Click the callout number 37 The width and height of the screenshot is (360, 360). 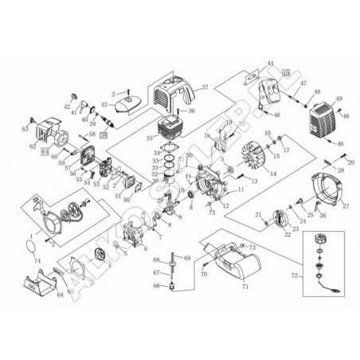(204, 87)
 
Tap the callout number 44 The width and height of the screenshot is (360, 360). (270, 64)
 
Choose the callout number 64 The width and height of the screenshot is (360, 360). (59, 295)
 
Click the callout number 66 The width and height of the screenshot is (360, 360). (157, 285)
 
